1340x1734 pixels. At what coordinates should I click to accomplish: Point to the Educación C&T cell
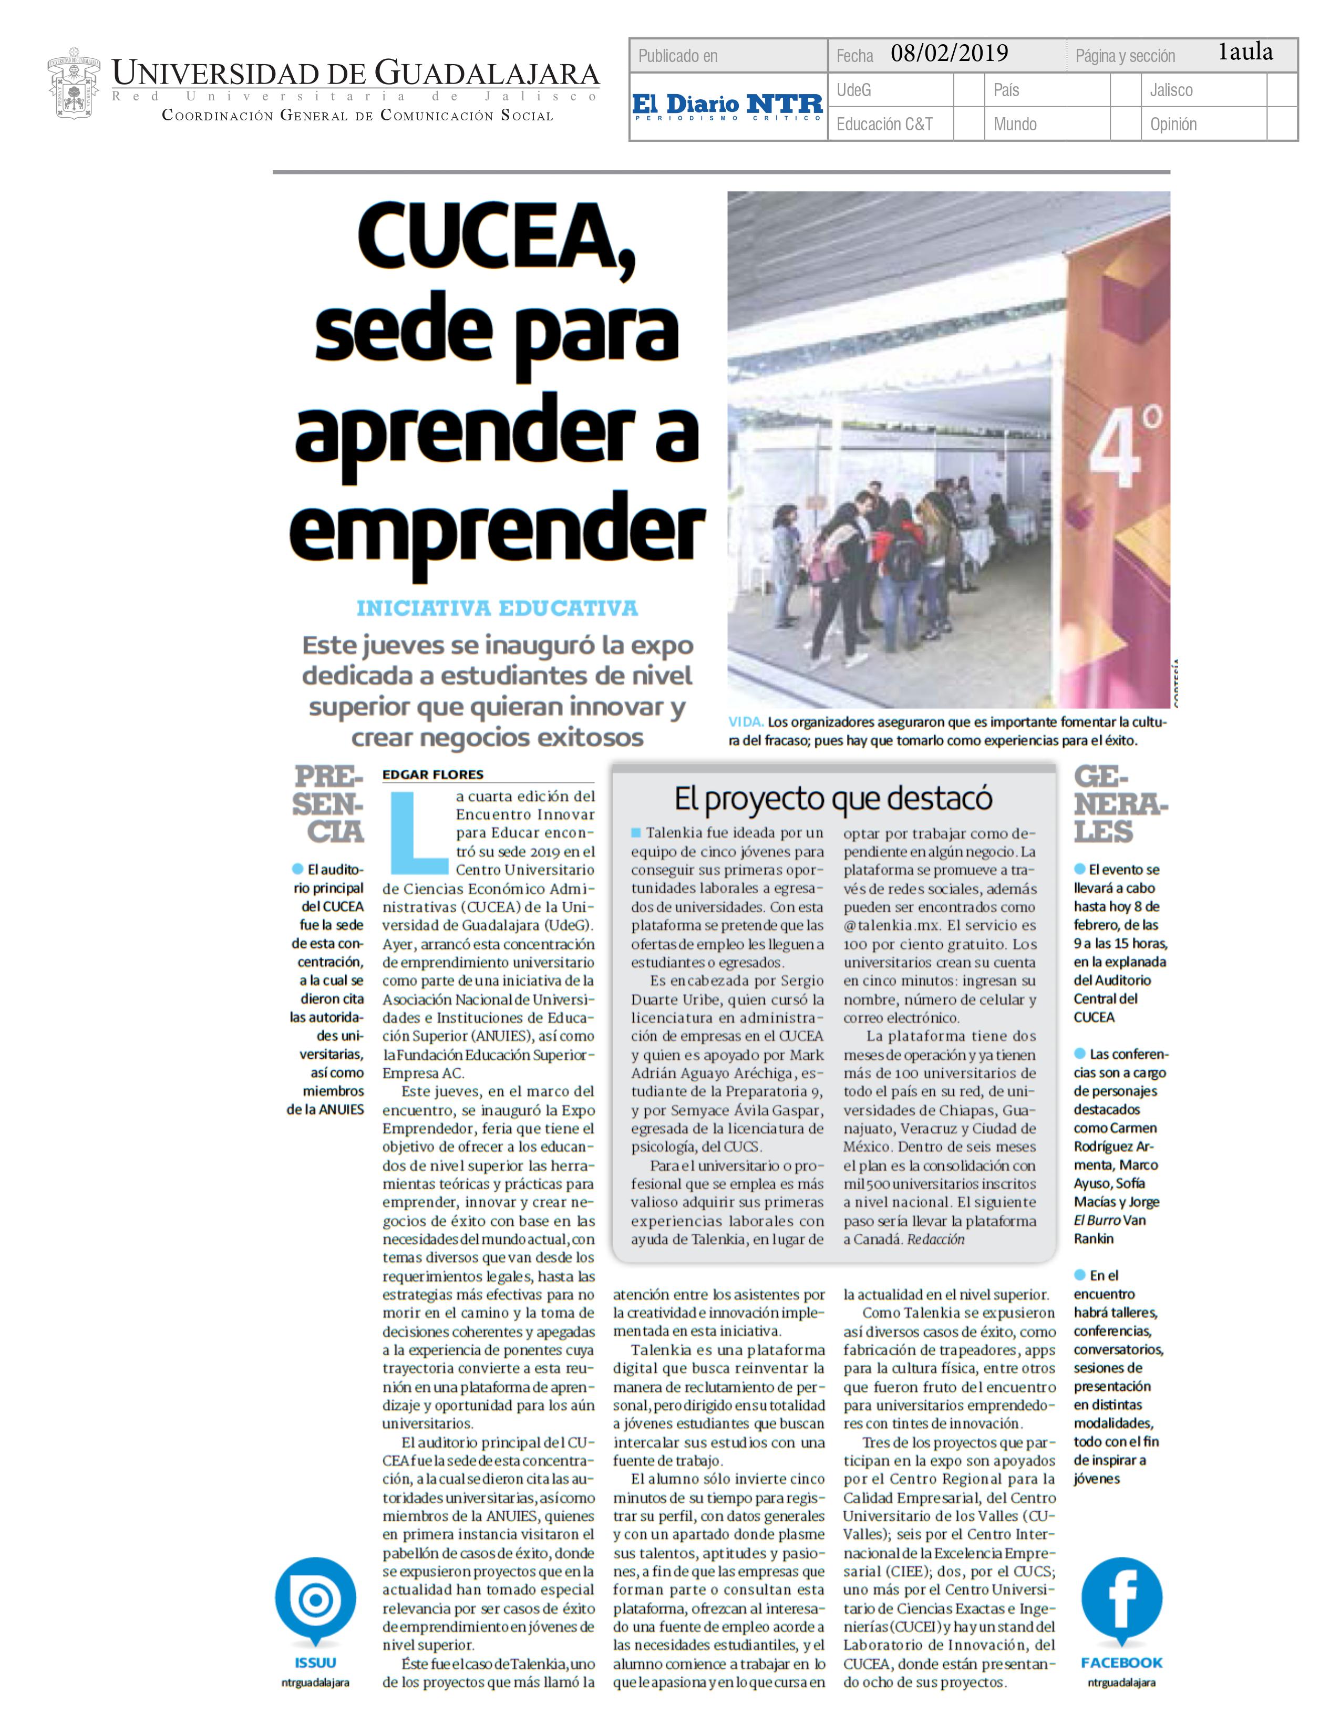tap(884, 124)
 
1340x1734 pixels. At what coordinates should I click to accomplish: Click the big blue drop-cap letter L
tap(417, 831)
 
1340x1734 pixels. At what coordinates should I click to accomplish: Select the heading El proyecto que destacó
tap(833, 799)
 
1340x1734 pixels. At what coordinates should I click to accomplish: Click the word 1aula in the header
tap(1245, 53)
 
